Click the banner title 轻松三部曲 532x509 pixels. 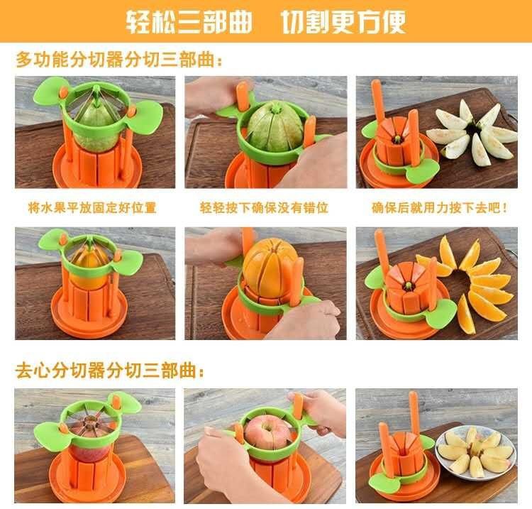(189, 22)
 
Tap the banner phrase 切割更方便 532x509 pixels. (343, 22)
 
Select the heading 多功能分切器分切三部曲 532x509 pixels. (119, 60)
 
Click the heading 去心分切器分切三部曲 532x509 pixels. (110, 371)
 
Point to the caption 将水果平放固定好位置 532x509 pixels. (92, 207)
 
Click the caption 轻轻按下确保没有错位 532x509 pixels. (264, 207)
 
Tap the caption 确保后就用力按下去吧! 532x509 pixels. (439, 207)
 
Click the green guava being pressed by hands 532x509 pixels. (274, 126)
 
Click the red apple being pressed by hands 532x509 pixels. (268, 434)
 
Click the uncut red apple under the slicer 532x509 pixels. (89, 448)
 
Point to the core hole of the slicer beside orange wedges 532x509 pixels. (408, 285)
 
